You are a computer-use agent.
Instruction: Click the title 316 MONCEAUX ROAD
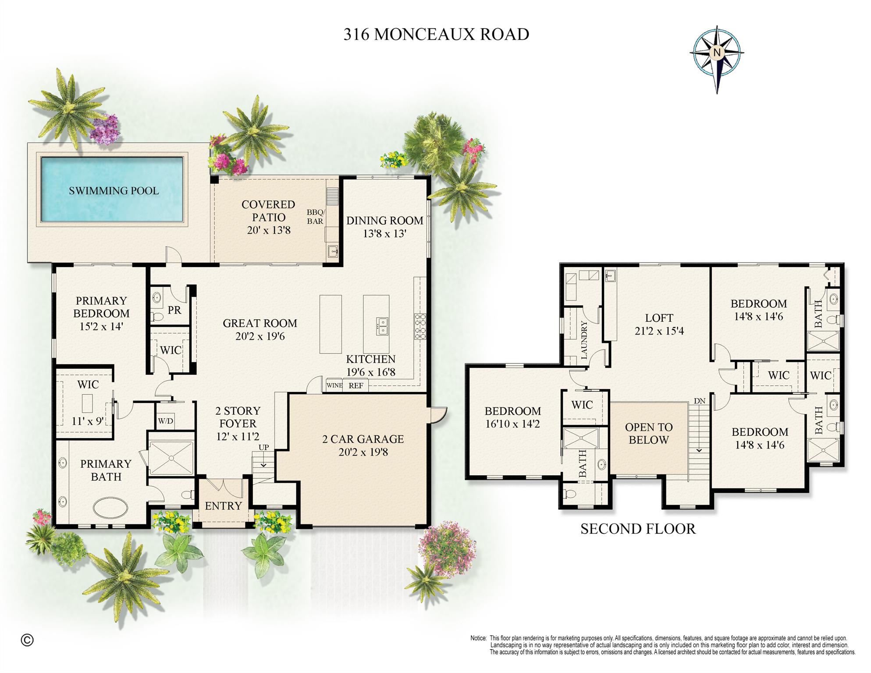tap(436, 34)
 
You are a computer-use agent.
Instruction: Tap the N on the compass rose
tap(717, 53)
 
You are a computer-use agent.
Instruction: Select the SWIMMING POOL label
tap(114, 191)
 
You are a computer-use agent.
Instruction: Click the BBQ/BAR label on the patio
tap(315, 217)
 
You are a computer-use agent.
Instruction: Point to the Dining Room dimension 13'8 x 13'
tap(384, 234)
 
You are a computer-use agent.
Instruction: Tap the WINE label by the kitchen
tap(334, 385)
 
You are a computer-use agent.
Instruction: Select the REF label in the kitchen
tap(356, 386)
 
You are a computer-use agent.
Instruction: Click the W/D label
tap(165, 421)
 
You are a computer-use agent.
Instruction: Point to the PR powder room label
tap(174, 310)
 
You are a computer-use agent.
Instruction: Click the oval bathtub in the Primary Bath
tap(110, 508)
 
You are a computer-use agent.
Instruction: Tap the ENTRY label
tap(223, 506)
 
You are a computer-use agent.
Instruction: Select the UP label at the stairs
tap(263, 448)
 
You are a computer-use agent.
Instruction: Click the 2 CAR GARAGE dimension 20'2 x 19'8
tap(363, 452)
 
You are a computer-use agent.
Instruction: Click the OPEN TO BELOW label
tap(648, 434)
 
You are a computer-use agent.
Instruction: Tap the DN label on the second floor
tap(700, 401)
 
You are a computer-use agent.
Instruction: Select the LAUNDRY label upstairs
tap(584, 340)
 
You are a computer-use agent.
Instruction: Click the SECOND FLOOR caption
tap(638, 529)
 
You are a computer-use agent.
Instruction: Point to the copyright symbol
tap(27, 640)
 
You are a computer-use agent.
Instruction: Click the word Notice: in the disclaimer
tap(478, 638)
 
